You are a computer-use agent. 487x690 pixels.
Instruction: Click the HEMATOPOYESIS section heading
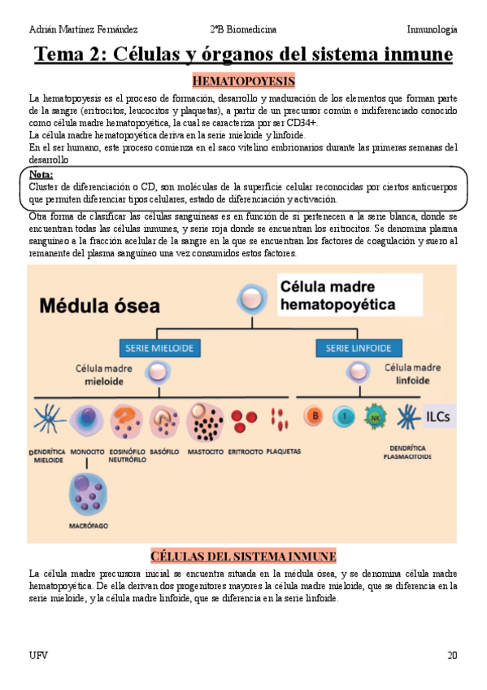coord(243,81)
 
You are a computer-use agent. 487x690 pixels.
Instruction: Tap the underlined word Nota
coord(41,175)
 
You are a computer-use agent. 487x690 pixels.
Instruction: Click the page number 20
coord(451,655)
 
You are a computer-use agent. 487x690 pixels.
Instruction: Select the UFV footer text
coord(37,655)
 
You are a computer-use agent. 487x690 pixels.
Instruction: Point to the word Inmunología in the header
coord(432,29)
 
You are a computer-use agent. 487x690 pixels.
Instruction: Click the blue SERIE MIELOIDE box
coord(159,348)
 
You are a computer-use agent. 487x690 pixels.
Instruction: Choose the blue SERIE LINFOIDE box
coord(349,348)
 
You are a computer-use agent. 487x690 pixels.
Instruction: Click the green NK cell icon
coord(376,417)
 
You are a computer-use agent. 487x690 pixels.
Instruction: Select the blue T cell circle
coord(344,417)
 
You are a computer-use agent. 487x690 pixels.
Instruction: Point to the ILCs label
coord(439,417)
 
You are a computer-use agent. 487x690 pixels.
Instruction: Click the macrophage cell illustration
coord(88,491)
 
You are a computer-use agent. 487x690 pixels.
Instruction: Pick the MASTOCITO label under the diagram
coord(205,450)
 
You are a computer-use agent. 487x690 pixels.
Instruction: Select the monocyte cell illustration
coord(85,421)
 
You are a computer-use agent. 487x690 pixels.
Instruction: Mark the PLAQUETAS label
coord(283,450)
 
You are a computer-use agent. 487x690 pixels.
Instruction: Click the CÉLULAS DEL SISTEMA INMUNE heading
coord(243,556)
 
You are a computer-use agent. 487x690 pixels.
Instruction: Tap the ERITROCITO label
coord(245,450)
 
